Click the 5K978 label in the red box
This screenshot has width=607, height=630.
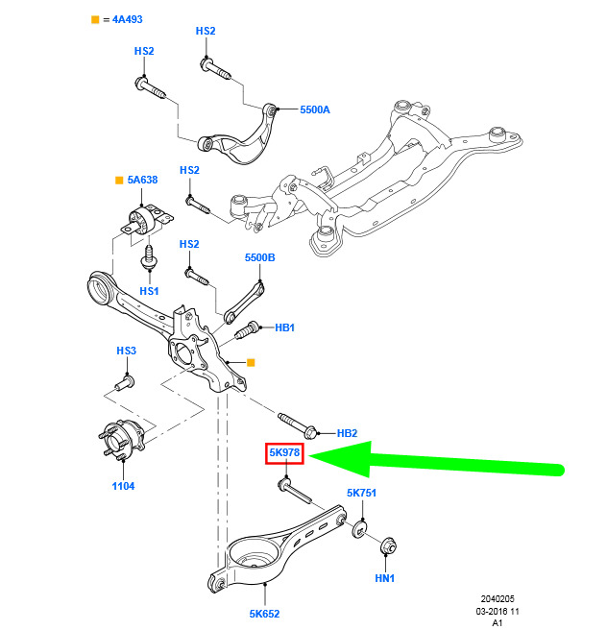coord(284,453)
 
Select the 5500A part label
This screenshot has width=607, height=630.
coord(315,109)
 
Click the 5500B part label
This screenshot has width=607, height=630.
coord(260,257)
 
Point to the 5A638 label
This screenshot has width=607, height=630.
coord(142,180)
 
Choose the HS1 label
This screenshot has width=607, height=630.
coord(149,291)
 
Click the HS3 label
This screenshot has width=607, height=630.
coord(126,351)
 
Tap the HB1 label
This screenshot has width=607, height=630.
coord(285,327)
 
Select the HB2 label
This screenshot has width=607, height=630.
coord(347,433)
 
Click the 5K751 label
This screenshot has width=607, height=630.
coord(361,493)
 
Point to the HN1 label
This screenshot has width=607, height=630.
coord(384,578)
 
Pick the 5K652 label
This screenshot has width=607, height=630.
coord(264,614)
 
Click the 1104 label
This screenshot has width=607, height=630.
coord(123,486)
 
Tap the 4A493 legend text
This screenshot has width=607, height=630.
coord(128,19)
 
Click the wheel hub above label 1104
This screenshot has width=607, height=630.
coord(122,440)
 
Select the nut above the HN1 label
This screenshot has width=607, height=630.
coord(389,546)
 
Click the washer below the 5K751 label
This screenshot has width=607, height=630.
coord(359,530)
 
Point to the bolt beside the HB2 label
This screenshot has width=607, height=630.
coord(298,425)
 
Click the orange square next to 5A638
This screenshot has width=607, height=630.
coord(119,180)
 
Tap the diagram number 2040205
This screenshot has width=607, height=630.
coord(498,599)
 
